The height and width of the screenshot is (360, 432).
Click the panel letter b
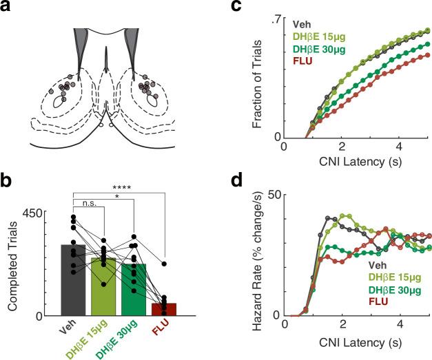coord(8,182)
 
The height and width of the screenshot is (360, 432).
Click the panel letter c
coord(256,8)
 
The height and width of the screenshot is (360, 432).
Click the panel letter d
coord(256,182)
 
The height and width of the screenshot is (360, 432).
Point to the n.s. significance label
coord(89,204)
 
